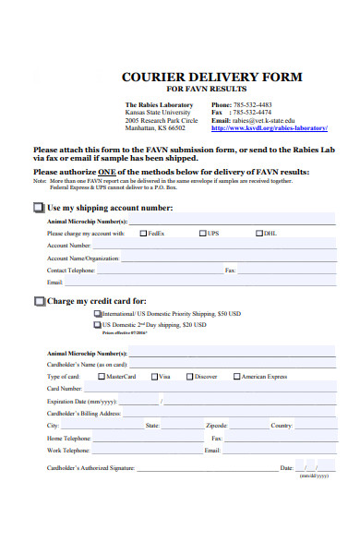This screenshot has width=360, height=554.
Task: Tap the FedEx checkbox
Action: (143, 234)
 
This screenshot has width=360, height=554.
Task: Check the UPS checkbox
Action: (202, 234)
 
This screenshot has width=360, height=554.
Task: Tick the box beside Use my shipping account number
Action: (40, 208)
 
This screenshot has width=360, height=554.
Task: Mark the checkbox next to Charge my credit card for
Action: (40, 301)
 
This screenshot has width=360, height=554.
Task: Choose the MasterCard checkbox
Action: (102, 377)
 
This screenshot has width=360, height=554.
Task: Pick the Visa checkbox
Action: (154, 377)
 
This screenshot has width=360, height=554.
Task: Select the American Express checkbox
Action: (237, 377)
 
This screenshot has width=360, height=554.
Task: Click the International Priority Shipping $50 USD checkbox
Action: (98, 314)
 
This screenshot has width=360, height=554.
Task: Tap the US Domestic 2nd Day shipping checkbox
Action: (98, 325)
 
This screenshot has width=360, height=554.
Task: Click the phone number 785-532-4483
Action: (252, 105)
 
